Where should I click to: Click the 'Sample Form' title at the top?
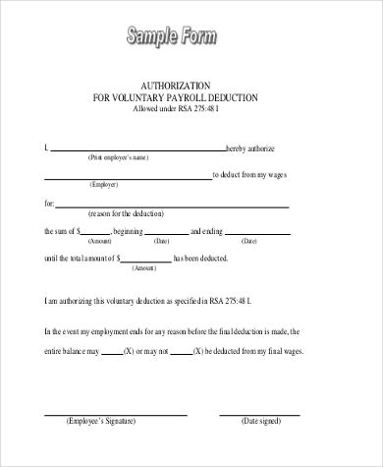172,37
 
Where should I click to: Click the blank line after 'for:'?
172,205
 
